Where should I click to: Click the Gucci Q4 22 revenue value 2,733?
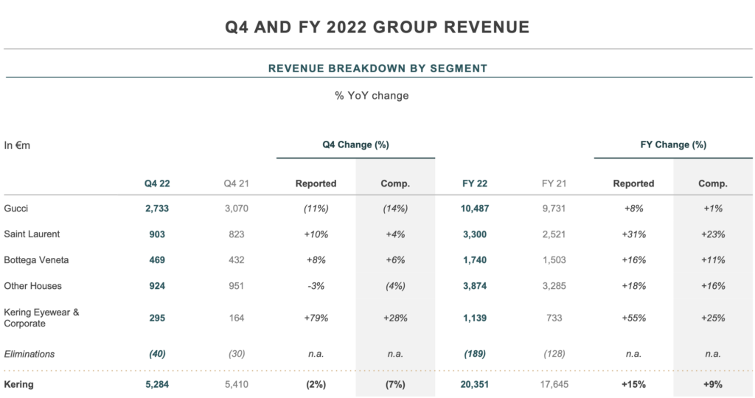tap(157, 209)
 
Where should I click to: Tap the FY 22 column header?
tap(474, 184)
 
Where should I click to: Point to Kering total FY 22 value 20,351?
tap(474, 384)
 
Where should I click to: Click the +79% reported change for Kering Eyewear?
tap(316, 318)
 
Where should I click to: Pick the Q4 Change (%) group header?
tap(355, 145)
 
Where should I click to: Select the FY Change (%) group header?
tap(672, 145)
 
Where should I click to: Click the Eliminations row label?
tap(29, 354)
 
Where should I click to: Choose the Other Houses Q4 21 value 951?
tap(237, 286)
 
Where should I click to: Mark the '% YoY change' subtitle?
tap(372, 96)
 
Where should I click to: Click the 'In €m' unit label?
tap(17, 146)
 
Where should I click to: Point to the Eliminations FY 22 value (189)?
tap(474, 354)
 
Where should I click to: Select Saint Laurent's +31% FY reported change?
tap(633, 234)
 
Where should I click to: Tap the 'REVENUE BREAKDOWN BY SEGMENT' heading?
tap(377, 69)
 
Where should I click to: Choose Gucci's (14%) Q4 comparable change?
tap(395, 209)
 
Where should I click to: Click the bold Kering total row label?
tap(19, 384)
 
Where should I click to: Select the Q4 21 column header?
tap(237, 184)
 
